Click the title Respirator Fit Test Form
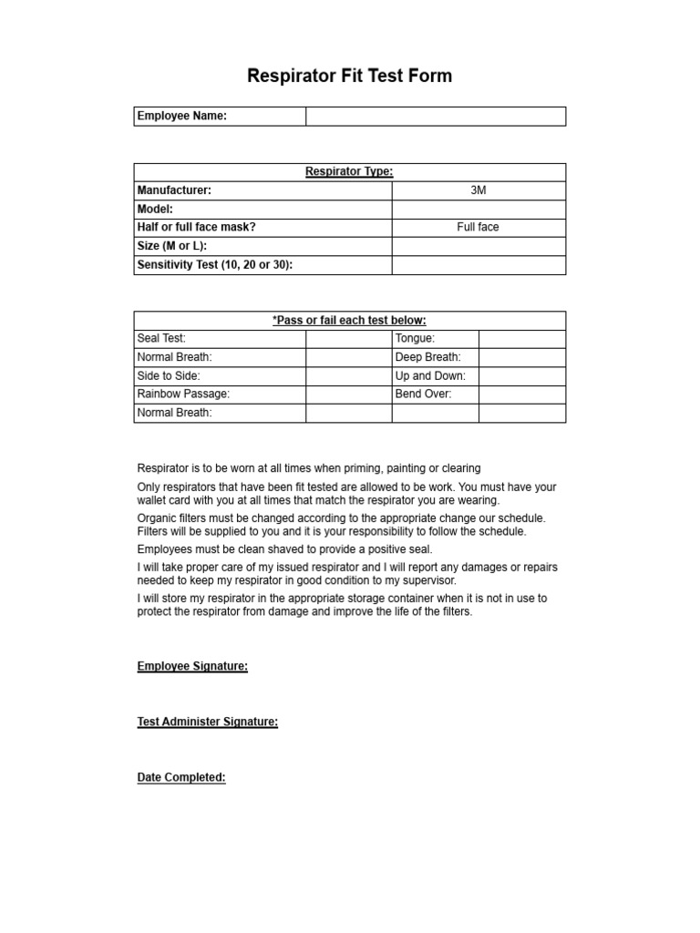click(349, 77)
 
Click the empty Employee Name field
click(435, 117)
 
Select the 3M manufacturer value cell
click(479, 190)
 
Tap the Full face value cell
click(479, 228)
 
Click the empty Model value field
click(479, 210)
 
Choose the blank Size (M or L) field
click(479, 246)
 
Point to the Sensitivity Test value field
click(479, 265)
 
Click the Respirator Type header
click(349, 172)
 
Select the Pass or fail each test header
click(349, 321)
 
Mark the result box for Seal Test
click(348, 339)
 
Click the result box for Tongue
click(521, 339)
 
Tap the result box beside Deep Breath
click(521, 357)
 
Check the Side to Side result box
click(348, 376)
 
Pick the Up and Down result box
click(521, 376)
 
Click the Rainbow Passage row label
click(183, 395)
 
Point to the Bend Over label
click(423, 395)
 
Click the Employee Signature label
click(192, 666)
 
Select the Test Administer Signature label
click(207, 722)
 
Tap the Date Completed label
click(181, 778)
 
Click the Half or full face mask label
click(196, 228)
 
